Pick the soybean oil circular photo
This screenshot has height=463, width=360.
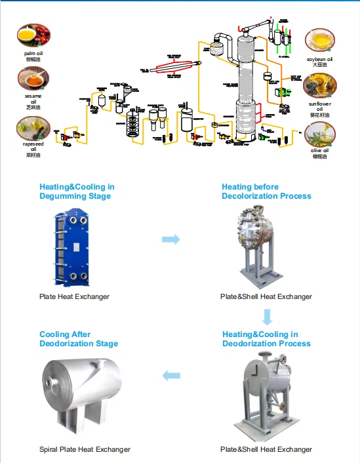point(321,41)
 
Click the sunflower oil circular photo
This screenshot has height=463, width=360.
point(321,85)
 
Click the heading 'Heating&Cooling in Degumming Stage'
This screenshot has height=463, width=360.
point(77,191)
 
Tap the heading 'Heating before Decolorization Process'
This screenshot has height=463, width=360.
point(266,191)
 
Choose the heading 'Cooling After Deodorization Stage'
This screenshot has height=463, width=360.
point(79,339)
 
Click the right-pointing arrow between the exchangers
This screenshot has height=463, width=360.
point(170,240)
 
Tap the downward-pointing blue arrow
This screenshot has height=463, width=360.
point(266,318)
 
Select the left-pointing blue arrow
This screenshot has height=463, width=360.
point(170,375)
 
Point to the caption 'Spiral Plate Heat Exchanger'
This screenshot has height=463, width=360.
point(85,449)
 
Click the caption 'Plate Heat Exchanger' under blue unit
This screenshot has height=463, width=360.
point(74,296)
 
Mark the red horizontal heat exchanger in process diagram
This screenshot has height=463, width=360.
point(175,66)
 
